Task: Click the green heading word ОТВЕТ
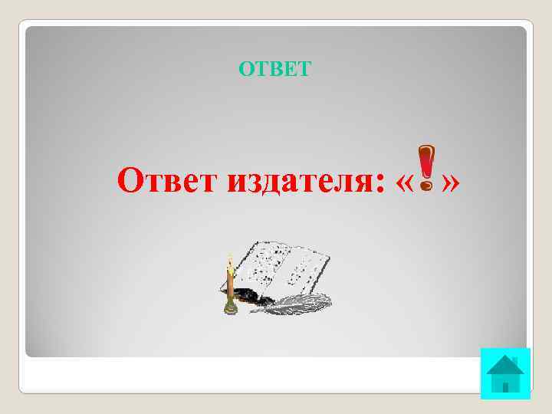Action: [274, 70]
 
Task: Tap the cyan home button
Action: [505, 373]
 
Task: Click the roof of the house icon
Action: [505, 363]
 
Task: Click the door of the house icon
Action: [505, 383]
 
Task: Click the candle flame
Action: [228, 261]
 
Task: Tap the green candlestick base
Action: [230, 308]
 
